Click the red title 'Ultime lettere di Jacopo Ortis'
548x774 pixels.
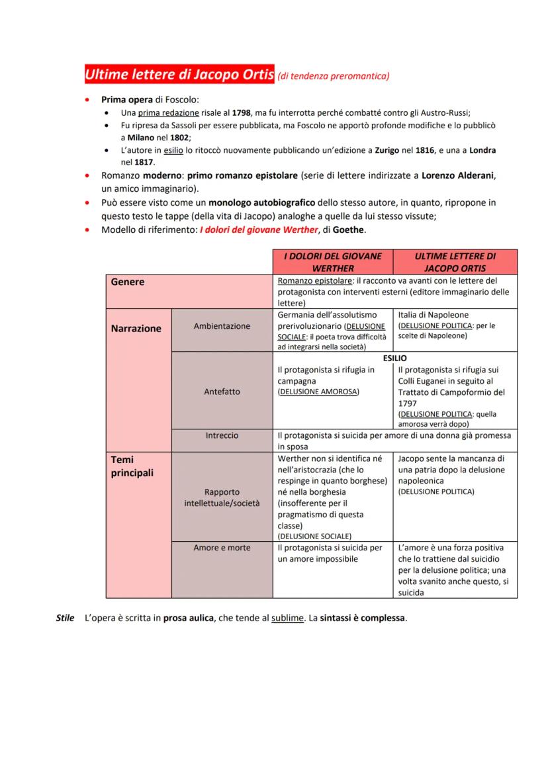point(179,75)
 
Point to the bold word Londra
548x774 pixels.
point(483,150)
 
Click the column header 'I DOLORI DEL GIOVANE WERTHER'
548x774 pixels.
point(333,262)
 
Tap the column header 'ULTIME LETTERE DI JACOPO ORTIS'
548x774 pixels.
point(455,262)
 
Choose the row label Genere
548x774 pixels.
point(128,282)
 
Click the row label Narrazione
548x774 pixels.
point(136,328)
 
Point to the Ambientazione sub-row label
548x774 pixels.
point(222,326)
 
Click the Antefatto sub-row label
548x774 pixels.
point(222,391)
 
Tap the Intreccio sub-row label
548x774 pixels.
point(222,436)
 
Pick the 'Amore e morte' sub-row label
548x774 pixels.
point(222,548)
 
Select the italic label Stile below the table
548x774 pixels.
point(65,619)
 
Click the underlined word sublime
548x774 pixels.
point(288,619)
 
